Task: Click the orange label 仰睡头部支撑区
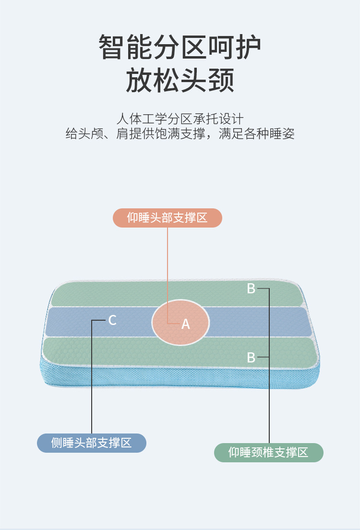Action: pyautogui.click(x=167, y=217)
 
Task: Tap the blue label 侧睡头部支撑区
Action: pyautogui.click(x=91, y=443)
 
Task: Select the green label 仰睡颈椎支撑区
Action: pyautogui.click(x=268, y=452)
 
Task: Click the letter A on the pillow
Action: pyautogui.click(x=186, y=325)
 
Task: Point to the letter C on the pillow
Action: pyautogui.click(x=112, y=320)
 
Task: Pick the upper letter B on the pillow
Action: pyautogui.click(x=251, y=289)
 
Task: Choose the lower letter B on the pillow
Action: pyautogui.click(x=251, y=358)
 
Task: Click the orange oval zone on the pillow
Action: pyautogui.click(x=180, y=312)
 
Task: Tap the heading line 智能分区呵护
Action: pyautogui.click(x=180, y=47)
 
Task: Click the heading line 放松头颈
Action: pyautogui.click(x=180, y=80)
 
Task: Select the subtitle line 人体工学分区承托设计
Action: pyautogui.click(x=180, y=119)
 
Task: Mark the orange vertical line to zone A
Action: pyautogui.click(x=168, y=274)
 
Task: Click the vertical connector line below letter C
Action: pyautogui.click(x=92, y=379)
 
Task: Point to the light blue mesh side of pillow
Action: pyautogui.click(x=144, y=379)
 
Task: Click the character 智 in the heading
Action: pyautogui.click(x=111, y=47)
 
